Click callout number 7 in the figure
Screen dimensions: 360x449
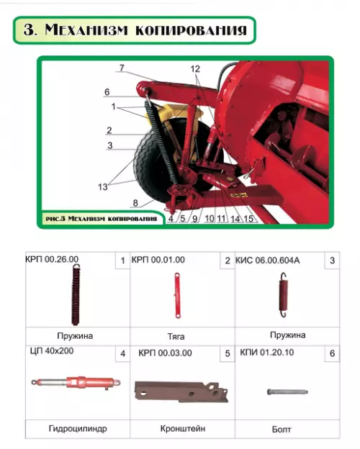coord(122,68)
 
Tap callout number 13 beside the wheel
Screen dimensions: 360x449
coord(103,187)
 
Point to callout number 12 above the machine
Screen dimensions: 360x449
coord(195,69)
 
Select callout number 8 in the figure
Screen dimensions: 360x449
coord(135,203)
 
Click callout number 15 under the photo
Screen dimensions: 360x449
coord(248,219)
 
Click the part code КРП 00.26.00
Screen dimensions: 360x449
coord(52,259)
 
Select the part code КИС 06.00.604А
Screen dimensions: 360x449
coord(267,260)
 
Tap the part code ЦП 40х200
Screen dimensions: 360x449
coord(52,351)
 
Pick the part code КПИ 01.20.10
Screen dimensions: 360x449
coord(267,352)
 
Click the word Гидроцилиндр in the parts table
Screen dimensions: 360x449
coord(78,429)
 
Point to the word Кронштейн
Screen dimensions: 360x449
coord(183,429)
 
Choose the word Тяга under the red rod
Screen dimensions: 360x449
coord(176,336)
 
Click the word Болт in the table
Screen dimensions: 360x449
coord(282,430)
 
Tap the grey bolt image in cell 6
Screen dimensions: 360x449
coord(287,391)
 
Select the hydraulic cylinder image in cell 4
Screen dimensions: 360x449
coord(76,383)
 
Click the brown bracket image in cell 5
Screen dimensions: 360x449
coord(181,391)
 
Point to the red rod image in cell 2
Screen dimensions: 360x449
coord(177,295)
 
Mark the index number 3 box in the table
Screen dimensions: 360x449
coord(332,260)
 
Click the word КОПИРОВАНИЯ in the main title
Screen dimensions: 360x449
coord(191,30)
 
